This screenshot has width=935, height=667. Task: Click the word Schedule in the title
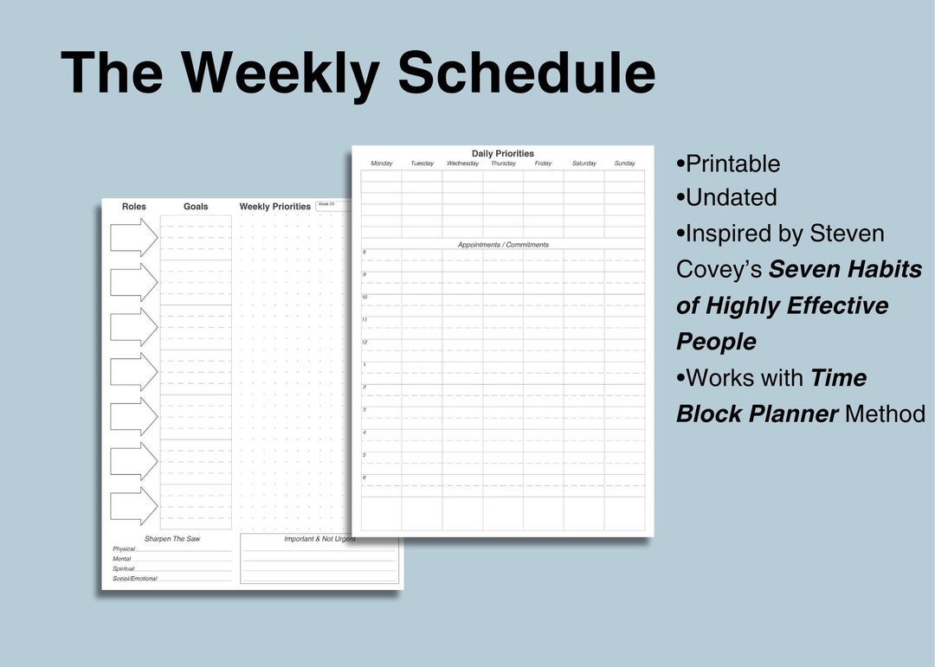pos(526,73)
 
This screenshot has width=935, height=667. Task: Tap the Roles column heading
pos(134,207)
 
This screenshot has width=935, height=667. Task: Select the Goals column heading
pos(196,207)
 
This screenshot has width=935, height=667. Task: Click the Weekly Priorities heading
pos(274,207)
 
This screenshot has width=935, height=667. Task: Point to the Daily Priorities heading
pos(503,154)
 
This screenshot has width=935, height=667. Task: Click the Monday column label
pos(382,164)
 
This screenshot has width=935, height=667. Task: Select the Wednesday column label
pos(462,164)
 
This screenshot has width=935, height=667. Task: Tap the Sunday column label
pos(624,164)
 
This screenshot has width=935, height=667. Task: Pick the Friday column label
pos(543,164)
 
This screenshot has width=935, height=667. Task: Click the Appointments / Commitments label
pos(503,245)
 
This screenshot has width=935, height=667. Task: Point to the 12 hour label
pos(364,343)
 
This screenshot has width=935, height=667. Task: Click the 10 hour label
pos(364,298)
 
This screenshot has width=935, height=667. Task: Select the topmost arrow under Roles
pos(133,237)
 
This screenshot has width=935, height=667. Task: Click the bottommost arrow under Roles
pos(133,506)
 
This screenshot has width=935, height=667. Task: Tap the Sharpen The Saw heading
pos(172,539)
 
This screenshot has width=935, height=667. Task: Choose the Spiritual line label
pos(124,568)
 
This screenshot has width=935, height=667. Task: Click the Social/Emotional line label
pos(135,579)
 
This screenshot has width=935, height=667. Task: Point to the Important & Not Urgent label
pos(319,539)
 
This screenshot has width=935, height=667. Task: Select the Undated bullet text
pos(731,197)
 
